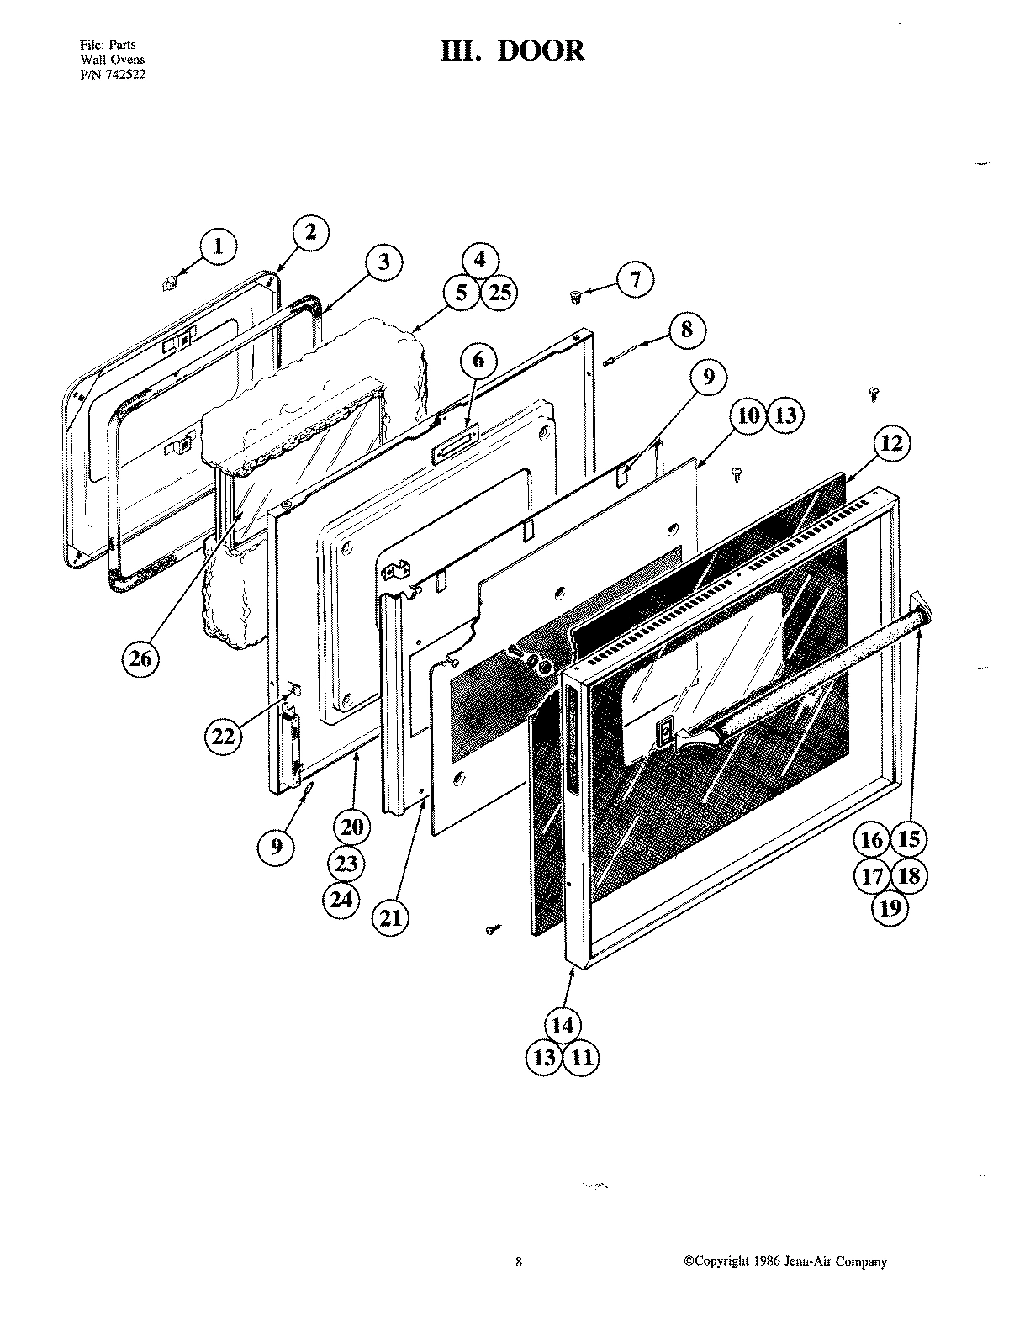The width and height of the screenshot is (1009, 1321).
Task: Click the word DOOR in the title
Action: click(541, 50)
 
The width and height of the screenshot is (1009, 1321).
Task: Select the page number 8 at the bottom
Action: click(519, 1261)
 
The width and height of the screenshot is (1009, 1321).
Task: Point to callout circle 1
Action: click(219, 246)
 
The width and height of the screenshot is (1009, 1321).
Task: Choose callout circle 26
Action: click(140, 659)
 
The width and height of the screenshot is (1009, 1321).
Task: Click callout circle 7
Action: click(636, 279)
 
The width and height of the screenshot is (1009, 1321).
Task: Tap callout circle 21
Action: click(391, 918)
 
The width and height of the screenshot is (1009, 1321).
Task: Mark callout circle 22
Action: click(223, 736)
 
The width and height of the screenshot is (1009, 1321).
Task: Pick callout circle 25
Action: click(499, 293)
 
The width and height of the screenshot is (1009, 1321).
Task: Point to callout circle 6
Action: click(478, 361)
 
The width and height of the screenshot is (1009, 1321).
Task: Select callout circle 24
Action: click(341, 900)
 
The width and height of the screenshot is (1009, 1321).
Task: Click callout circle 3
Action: click(383, 261)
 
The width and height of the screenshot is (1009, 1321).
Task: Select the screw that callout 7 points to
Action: click(576, 295)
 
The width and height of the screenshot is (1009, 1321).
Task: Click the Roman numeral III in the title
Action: click(462, 50)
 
